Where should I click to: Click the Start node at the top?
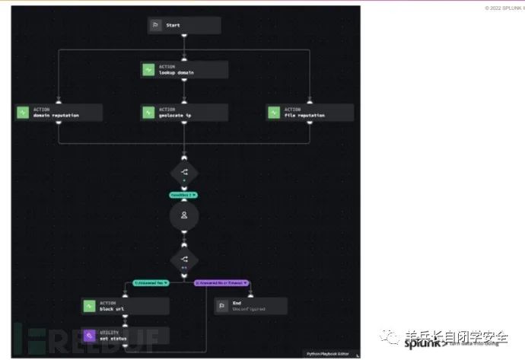(x=183, y=25)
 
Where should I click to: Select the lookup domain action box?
(x=184, y=69)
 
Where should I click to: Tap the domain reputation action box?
(x=58, y=113)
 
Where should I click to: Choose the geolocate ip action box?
(x=184, y=113)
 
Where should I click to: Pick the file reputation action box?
(x=310, y=113)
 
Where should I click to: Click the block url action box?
(x=125, y=306)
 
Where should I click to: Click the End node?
(x=250, y=306)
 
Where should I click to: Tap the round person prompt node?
(x=184, y=215)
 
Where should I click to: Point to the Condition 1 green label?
(x=183, y=195)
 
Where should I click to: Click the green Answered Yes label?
(x=151, y=282)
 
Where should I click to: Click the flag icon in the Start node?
(x=154, y=25)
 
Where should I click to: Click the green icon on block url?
(x=88, y=306)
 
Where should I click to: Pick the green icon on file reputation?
(x=274, y=113)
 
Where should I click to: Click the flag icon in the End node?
(x=221, y=306)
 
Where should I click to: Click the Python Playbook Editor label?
(x=328, y=354)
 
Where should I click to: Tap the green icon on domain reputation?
(x=22, y=113)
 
